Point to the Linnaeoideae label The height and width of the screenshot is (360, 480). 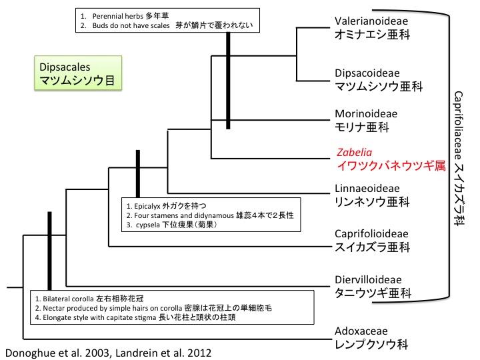pos(366,187)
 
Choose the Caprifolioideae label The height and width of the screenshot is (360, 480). pos(371,234)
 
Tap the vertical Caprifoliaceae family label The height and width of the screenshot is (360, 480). pos(460,160)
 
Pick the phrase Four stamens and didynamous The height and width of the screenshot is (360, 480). pos(184,215)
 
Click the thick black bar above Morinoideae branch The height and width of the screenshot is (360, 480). pos(228,80)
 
